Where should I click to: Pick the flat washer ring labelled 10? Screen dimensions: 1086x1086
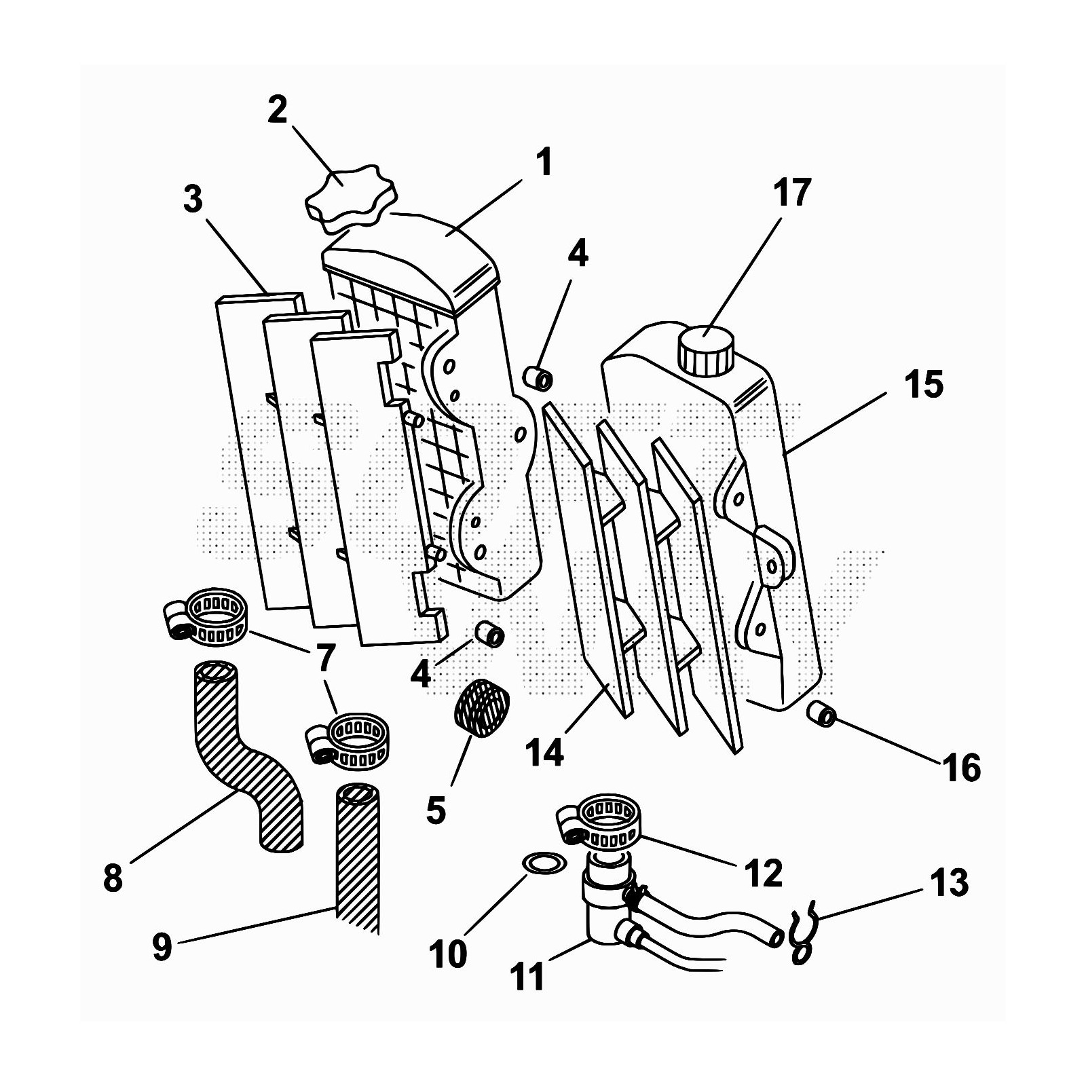coord(544,863)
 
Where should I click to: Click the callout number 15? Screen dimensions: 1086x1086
coord(923,384)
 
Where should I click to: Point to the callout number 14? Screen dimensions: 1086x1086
coord(544,752)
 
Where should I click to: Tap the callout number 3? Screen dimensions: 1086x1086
coord(193,200)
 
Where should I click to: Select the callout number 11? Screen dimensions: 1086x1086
coord(527,977)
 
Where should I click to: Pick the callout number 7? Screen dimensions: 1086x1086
coord(325,657)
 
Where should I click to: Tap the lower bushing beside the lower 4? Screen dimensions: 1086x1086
coord(489,635)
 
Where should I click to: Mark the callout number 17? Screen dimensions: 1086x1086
coord(791,192)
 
